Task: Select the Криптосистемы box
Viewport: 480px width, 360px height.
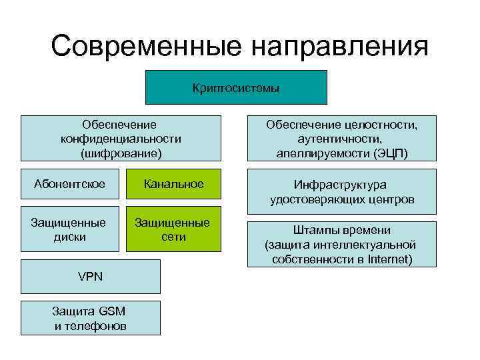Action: click(x=236, y=87)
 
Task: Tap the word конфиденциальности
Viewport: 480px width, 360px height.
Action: click(x=120, y=139)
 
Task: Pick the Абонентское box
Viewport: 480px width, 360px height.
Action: click(x=69, y=184)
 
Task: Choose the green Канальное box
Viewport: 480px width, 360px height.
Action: click(x=173, y=184)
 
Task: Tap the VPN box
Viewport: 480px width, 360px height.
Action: click(x=90, y=276)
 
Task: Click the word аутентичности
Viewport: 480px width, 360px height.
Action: click(x=341, y=139)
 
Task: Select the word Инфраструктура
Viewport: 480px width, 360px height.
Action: click(x=341, y=185)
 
